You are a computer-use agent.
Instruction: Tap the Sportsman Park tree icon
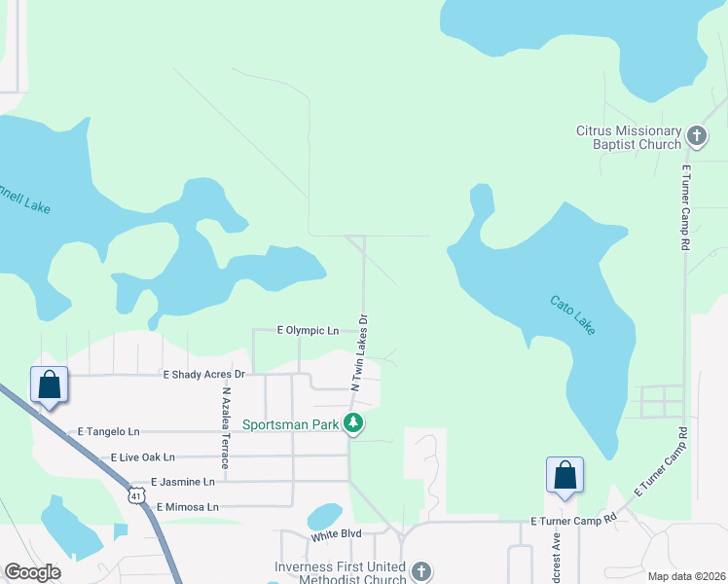click(x=355, y=423)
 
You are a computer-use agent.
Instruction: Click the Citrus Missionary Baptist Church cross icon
click(x=697, y=135)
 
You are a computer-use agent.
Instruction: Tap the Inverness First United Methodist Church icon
click(x=420, y=571)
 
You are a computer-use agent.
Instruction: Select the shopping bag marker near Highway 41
click(x=49, y=384)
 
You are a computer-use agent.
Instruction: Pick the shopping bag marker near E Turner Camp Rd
click(x=564, y=475)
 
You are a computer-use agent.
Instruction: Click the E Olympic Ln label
click(x=308, y=331)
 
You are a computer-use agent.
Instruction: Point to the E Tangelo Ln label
click(x=108, y=431)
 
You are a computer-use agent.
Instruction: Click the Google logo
click(x=32, y=572)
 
